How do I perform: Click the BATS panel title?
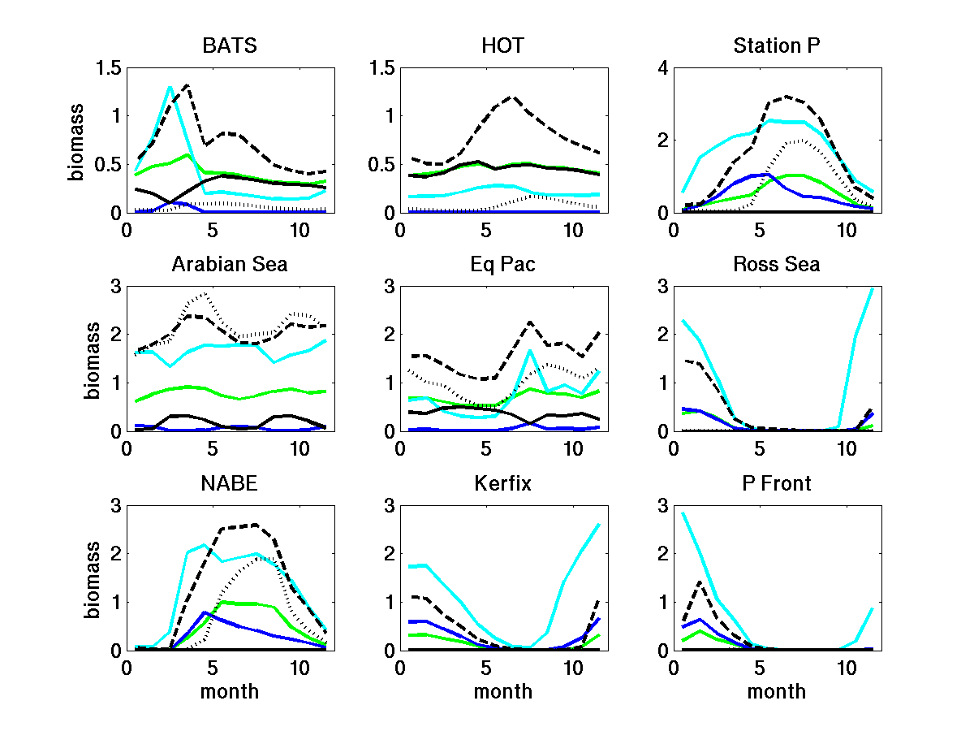[x=230, y=45]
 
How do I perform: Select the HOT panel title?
[x=503, y=45]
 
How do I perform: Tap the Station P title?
[x=777, y=45]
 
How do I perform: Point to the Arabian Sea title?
[x=230, y=264]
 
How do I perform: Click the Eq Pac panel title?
[x=503, y=264]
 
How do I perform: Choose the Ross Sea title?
[x=777, y=264]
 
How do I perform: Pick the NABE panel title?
[x=230, y=483]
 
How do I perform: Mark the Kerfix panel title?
[x=503, y=483]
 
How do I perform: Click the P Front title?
[x=777, y=483]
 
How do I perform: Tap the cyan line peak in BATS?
[x=170, y=87]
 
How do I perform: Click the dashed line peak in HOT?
[x=512, y=96]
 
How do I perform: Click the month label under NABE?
[x=230, y=691]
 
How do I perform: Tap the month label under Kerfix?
[x=503, y=691]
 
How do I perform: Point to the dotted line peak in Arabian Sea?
[x=205, y=293]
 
